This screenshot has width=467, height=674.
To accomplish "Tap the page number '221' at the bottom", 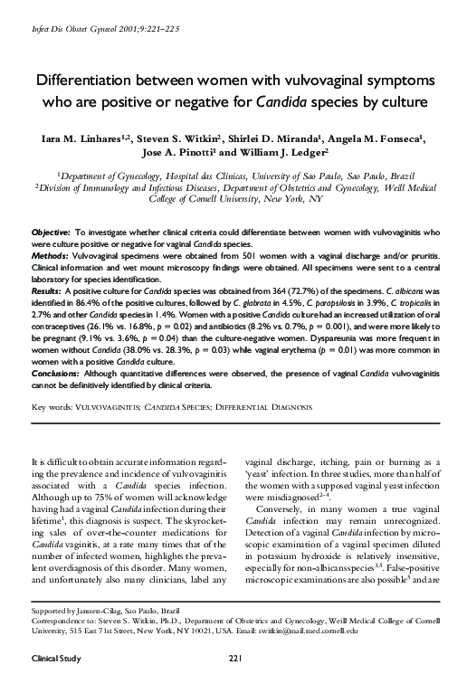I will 234,655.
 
